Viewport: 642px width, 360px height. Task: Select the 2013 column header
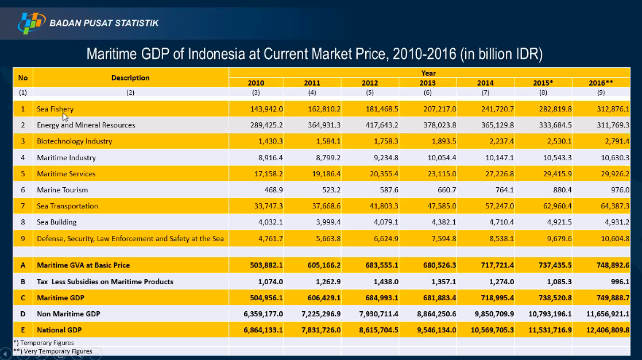click(428, 83)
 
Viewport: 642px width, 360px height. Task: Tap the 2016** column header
click(601, 83)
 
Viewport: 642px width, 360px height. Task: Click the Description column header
click(130, 78)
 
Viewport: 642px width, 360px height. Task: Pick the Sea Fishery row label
click(55, 109)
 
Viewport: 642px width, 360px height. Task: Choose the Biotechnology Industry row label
click(74, 141)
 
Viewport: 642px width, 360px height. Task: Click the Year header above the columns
click(428, 73)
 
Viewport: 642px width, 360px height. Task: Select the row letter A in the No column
click(23, 265)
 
